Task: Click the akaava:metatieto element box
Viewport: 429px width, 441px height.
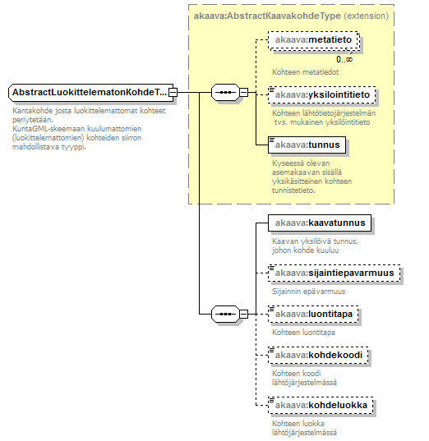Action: click(313, 40)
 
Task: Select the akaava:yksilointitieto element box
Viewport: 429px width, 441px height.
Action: click(322, 94)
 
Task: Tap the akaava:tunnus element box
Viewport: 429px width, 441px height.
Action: click(307, 145)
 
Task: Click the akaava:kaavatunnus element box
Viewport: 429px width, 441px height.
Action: click(320, 223)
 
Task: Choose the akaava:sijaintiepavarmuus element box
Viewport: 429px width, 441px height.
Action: click(334, 273)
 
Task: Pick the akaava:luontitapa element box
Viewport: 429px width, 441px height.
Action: click(313, 314)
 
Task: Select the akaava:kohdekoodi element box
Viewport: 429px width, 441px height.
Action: click(318, 355)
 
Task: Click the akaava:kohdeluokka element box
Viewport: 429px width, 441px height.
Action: click(321, 405)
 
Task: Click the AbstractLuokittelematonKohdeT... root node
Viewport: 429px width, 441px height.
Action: click(91, 92)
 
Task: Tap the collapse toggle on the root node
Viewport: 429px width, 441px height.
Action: click(173, 92)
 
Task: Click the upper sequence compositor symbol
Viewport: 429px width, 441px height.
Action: click(225, 92)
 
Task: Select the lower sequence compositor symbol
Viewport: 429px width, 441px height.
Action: click(225, 314)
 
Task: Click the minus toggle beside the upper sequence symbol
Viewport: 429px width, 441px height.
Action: click(244, 92)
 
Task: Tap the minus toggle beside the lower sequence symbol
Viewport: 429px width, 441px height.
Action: click(244, 314)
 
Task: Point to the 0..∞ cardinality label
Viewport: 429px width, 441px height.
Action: click(344, 59)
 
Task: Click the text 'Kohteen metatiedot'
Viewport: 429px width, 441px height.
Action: click(305, 72)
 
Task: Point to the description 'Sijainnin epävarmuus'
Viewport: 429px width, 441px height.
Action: click(308, 291)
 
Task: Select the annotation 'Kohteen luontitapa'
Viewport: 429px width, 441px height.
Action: click(303, 332)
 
